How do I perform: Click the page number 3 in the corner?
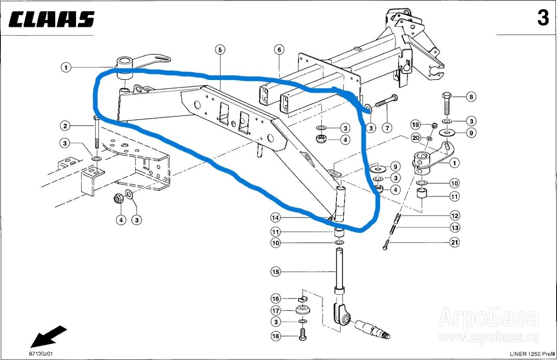tap(543, 18)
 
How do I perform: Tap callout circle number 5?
tap(220, 50)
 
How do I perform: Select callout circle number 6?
tap(279, 50)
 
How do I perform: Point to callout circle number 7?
tap(387, 128)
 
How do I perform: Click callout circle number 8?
tap(471, 97)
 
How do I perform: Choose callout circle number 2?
tap(65, 127)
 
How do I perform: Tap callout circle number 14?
tap(276, 217)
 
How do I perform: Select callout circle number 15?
tap(276, 272)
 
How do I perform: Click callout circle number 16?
tap(276, 299)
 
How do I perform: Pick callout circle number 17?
tap(276, 311)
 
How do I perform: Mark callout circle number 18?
tap(276, 336)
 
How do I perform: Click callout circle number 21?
tap(454, 243)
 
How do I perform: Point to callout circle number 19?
tap(416, 125)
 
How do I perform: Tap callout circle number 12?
tap(454, 215)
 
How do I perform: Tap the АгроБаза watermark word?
tap(488, 318)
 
